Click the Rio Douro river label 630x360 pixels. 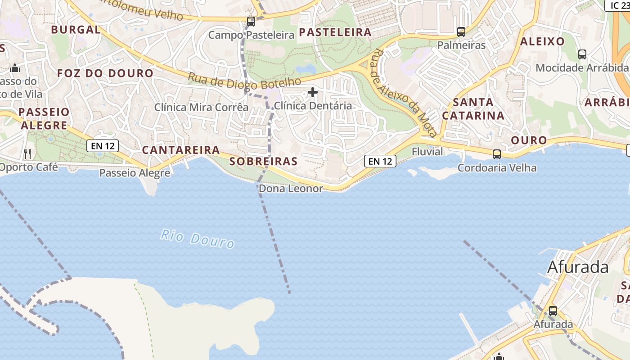(x=198, y=239)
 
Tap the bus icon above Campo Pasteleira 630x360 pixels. (x=251, y=21)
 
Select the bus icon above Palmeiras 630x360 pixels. (x=461, y=32)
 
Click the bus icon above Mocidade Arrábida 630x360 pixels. (x=582, y=54)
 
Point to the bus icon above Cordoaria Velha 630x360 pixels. (x=497, y=154)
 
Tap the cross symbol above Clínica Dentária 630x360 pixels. (x=313, y=93)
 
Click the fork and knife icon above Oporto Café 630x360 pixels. (x=27, y=153)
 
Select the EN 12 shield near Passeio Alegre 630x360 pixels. (x=103, y=145)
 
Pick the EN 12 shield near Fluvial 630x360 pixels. (x=380, y=161)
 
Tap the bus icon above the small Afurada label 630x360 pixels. (x=553, y=311)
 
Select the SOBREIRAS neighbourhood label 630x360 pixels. (x=263, y=162)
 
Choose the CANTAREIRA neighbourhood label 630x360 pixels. (x=181, y=150)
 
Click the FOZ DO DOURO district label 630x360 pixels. (x=105, y=73)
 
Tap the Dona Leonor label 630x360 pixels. (x=291, y=189)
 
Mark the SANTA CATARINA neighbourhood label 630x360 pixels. (x=473, y=109)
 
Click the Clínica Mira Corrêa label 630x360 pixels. (x=201, y=107)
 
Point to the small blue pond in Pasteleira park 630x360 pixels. (x=306, y=68)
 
